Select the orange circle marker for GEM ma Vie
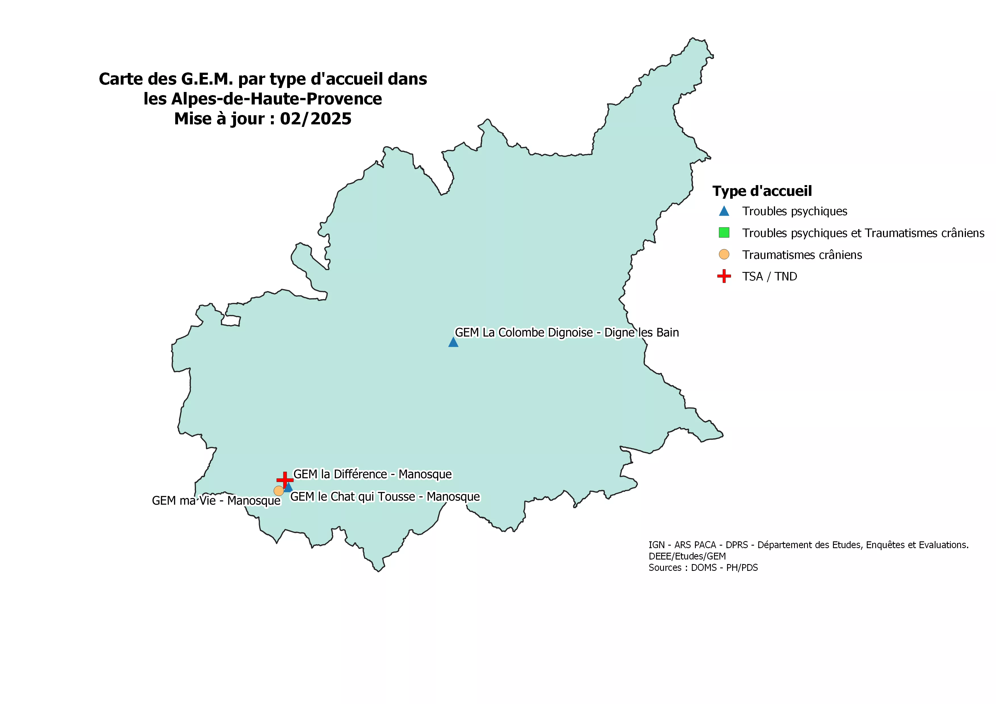279,491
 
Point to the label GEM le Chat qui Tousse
385,496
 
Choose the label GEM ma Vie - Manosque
216,501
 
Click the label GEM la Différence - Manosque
373,474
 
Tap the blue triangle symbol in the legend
724,211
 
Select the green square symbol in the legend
724,233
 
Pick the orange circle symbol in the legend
724,254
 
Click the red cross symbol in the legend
724,276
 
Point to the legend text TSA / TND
770,276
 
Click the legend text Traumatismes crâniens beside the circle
802,255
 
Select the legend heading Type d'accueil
762,191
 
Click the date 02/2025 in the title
315,119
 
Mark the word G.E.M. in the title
207,79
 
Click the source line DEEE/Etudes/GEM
687,556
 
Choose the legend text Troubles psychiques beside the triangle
795,211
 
